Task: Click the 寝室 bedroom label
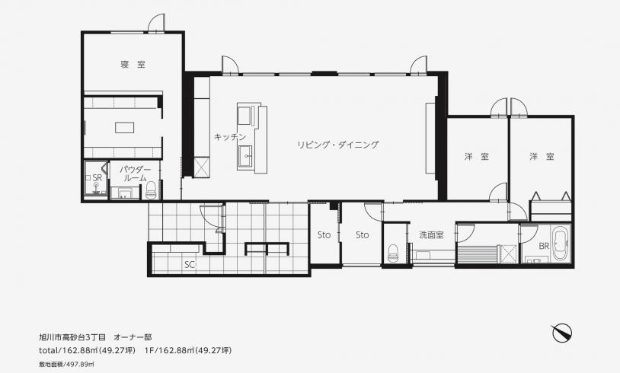pos(133,64)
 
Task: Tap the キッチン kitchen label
pos(230,137)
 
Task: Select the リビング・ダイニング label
pos(337,145)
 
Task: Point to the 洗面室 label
pos(431,235)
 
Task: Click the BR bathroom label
pos(544,246)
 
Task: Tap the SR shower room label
pos(97,178)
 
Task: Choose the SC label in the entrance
pos(190,265)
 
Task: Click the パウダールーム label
pos(136,174)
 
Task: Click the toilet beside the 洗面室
pos(392,253)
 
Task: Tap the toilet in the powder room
pos(151,190)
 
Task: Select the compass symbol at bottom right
pos(562,333)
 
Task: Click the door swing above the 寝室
pos(156,23)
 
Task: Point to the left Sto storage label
pos(324,235)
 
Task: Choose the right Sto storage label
pos(363,235)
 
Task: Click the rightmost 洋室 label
pos(542,157)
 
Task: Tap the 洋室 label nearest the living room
pos(477,157)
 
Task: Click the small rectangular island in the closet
pos(125,128)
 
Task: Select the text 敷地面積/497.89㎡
pos(66,364)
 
